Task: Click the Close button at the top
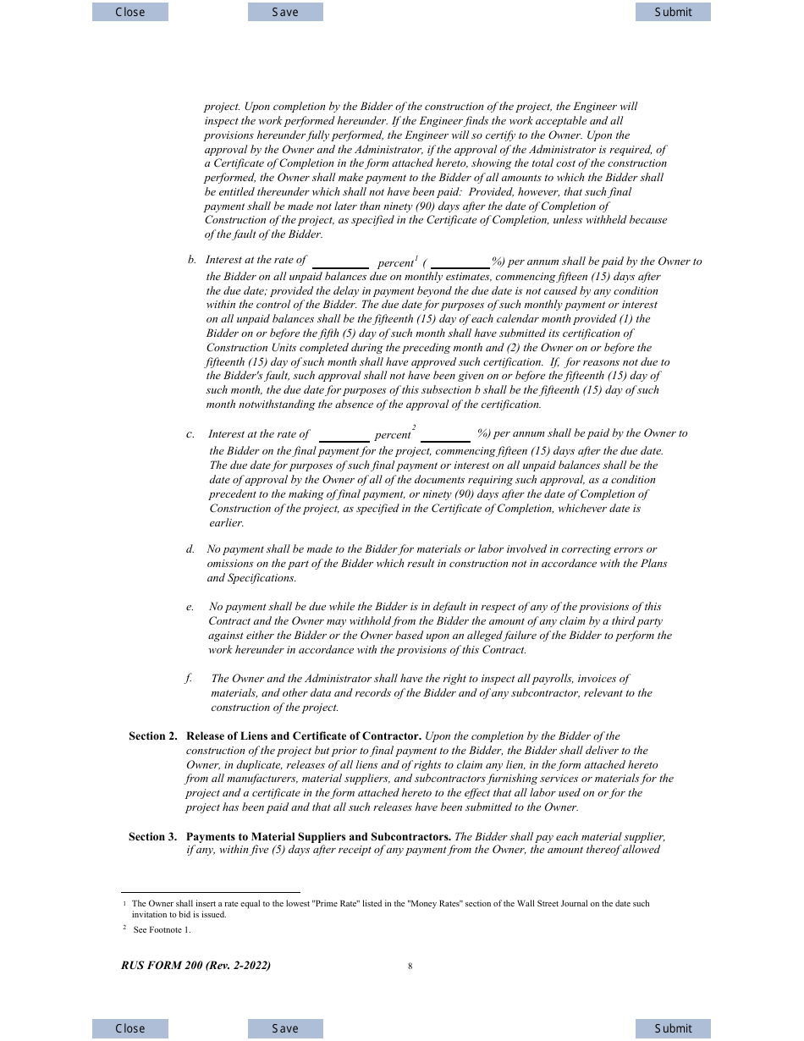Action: tap(130, 12)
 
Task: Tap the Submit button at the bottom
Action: tap(673, 1028)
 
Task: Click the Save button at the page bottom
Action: tap(285, 1028)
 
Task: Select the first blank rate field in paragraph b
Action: tap(340, 262)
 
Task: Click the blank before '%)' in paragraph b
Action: tap(460, 262)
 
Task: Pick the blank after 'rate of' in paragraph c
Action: tap(344, 435)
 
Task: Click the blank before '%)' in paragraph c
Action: tap(445, 435)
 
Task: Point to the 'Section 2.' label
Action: tap(153, 736)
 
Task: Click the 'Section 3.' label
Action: tap(153, 837)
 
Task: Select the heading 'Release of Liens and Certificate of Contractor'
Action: tap(304, 736)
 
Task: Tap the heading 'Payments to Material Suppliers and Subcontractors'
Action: tap(318, 837)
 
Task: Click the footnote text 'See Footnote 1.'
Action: tap(162, 930)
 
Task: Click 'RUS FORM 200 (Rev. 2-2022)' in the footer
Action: tap(196, 966)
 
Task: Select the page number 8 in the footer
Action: tap(410, 967)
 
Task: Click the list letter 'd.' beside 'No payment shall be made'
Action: tap(190, 550)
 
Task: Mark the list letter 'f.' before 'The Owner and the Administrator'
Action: tap(189, 679)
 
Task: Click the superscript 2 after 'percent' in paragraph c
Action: tap(414, 428)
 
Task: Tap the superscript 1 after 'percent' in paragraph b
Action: tap(416, 257)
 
